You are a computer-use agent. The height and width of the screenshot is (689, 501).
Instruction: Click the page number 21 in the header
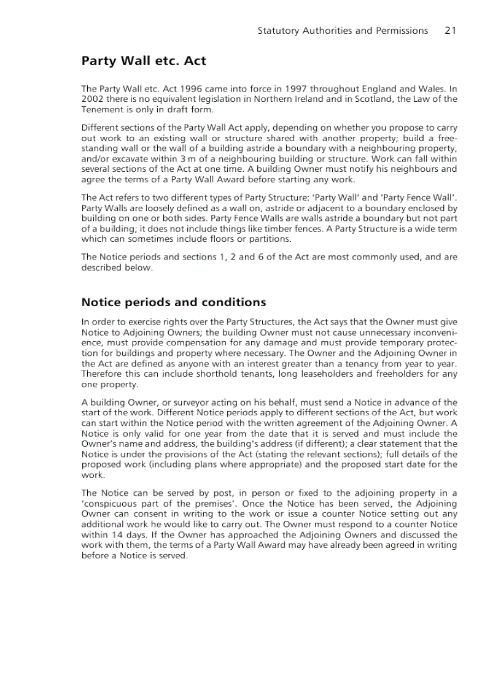(x=450, y=31)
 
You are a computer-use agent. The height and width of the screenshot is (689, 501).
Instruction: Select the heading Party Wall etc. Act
(x=144, y=61)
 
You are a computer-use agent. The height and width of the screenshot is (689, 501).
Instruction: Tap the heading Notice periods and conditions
(x=174, y=302)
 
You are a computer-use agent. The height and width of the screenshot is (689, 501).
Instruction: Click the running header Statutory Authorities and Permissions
(x=343, y=31)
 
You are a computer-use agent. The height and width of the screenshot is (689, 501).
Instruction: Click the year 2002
(x=92, y=99)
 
